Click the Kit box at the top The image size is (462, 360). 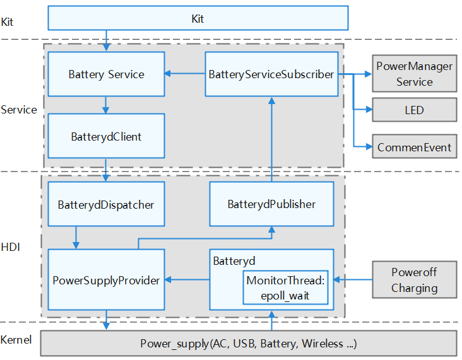pyautogui.click(x=198, y=19)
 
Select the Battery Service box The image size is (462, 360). pyautogui.click(x=106, y=74)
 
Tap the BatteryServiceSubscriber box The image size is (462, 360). pyautogui.click(x=271, y=74)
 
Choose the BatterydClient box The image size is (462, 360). pyautogui.click(x=106, y=136)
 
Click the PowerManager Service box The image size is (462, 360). pyautogui.click(x=414, y=75)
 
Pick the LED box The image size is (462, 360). pyautogui.click(x=414, y=110)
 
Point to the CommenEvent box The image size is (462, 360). pyautogui.click(x=414, y=148)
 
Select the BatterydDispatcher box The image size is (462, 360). pyautogui.click(x=106, y=204)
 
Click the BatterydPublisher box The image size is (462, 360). pyautogui.click(x=271, y=204)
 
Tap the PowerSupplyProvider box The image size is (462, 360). pyautogui.click(x=106, y=280)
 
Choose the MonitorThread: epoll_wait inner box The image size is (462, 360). pyautogui.click(x=286, y=288)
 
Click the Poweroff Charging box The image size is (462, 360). pyautogui.click(x=414, y=280)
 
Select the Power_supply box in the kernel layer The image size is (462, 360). pyautogui.click(x=248, y=344)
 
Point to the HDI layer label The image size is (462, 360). pyautogui.click(x=10, y=247)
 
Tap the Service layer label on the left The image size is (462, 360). pyautogui.click(x=18, y=110)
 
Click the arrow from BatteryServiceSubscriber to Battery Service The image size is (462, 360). pyautogui.click(x=185, y=74)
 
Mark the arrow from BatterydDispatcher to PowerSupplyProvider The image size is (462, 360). pyautogui.click(x=76, y=238)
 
